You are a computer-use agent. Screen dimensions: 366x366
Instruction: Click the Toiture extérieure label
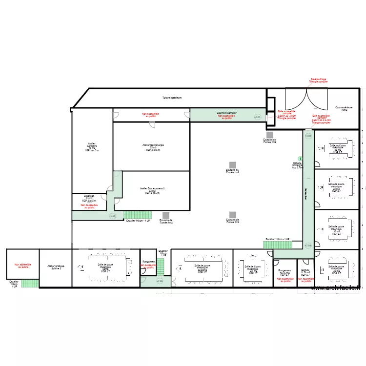coord(172,98)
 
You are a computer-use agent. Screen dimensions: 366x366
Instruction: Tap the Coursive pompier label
coord(226,113)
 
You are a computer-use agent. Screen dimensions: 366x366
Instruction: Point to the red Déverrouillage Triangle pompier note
coord(318,80)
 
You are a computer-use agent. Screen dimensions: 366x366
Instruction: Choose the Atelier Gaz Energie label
coord(153,147)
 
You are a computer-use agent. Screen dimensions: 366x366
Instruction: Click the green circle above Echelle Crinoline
coord(300,159)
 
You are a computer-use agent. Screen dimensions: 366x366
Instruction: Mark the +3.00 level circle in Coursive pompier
coord(258,117)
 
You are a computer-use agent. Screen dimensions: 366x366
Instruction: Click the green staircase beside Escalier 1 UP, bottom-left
coord(30,283)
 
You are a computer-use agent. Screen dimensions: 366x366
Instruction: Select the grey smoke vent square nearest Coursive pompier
coord(269,135)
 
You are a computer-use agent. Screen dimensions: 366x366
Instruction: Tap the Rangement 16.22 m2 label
coord(285,272)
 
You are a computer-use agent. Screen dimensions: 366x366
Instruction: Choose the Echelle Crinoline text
coord(297,165)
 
